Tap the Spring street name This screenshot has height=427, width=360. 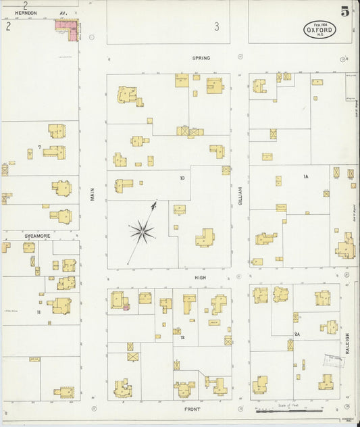coord(201,58)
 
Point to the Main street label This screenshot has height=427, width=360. coord(93,194)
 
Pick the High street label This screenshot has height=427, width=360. coord(201,277)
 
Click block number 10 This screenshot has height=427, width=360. coord(182,178)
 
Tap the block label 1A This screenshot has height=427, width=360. coord(305,177)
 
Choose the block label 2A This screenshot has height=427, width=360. coord(297,334)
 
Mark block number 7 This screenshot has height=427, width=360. coord(40,147)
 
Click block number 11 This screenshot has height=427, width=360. coord(39,312)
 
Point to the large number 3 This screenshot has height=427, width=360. coord(217,27)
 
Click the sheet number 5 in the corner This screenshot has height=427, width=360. coord(345,11)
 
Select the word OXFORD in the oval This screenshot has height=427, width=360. coord(319,30)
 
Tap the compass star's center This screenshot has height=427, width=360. coord(142,232)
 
